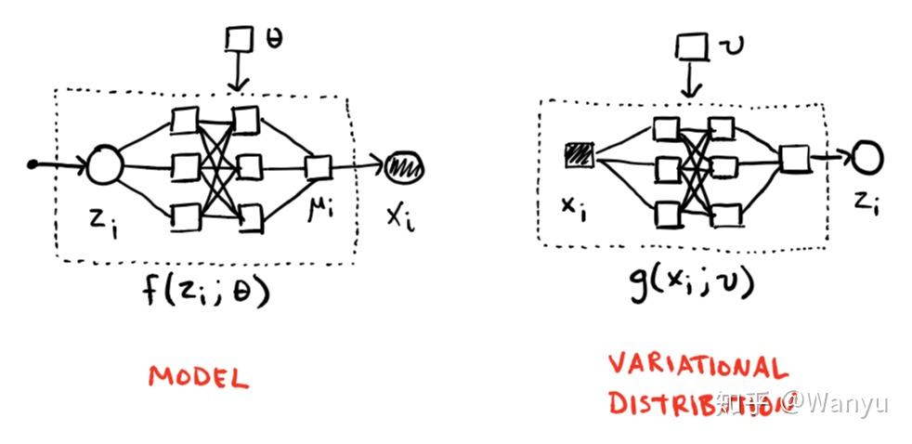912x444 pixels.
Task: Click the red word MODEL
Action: [199, 377]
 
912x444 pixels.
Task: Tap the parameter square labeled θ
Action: [241, 39]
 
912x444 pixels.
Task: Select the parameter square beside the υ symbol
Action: [688, 46]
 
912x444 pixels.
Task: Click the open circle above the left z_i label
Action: [105, 167]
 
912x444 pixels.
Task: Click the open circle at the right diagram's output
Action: [866, 158]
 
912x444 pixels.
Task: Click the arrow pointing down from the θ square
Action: [241, 73]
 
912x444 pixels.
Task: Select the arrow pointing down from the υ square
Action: [688, 82]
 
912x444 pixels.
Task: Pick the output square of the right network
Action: [793, 159]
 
